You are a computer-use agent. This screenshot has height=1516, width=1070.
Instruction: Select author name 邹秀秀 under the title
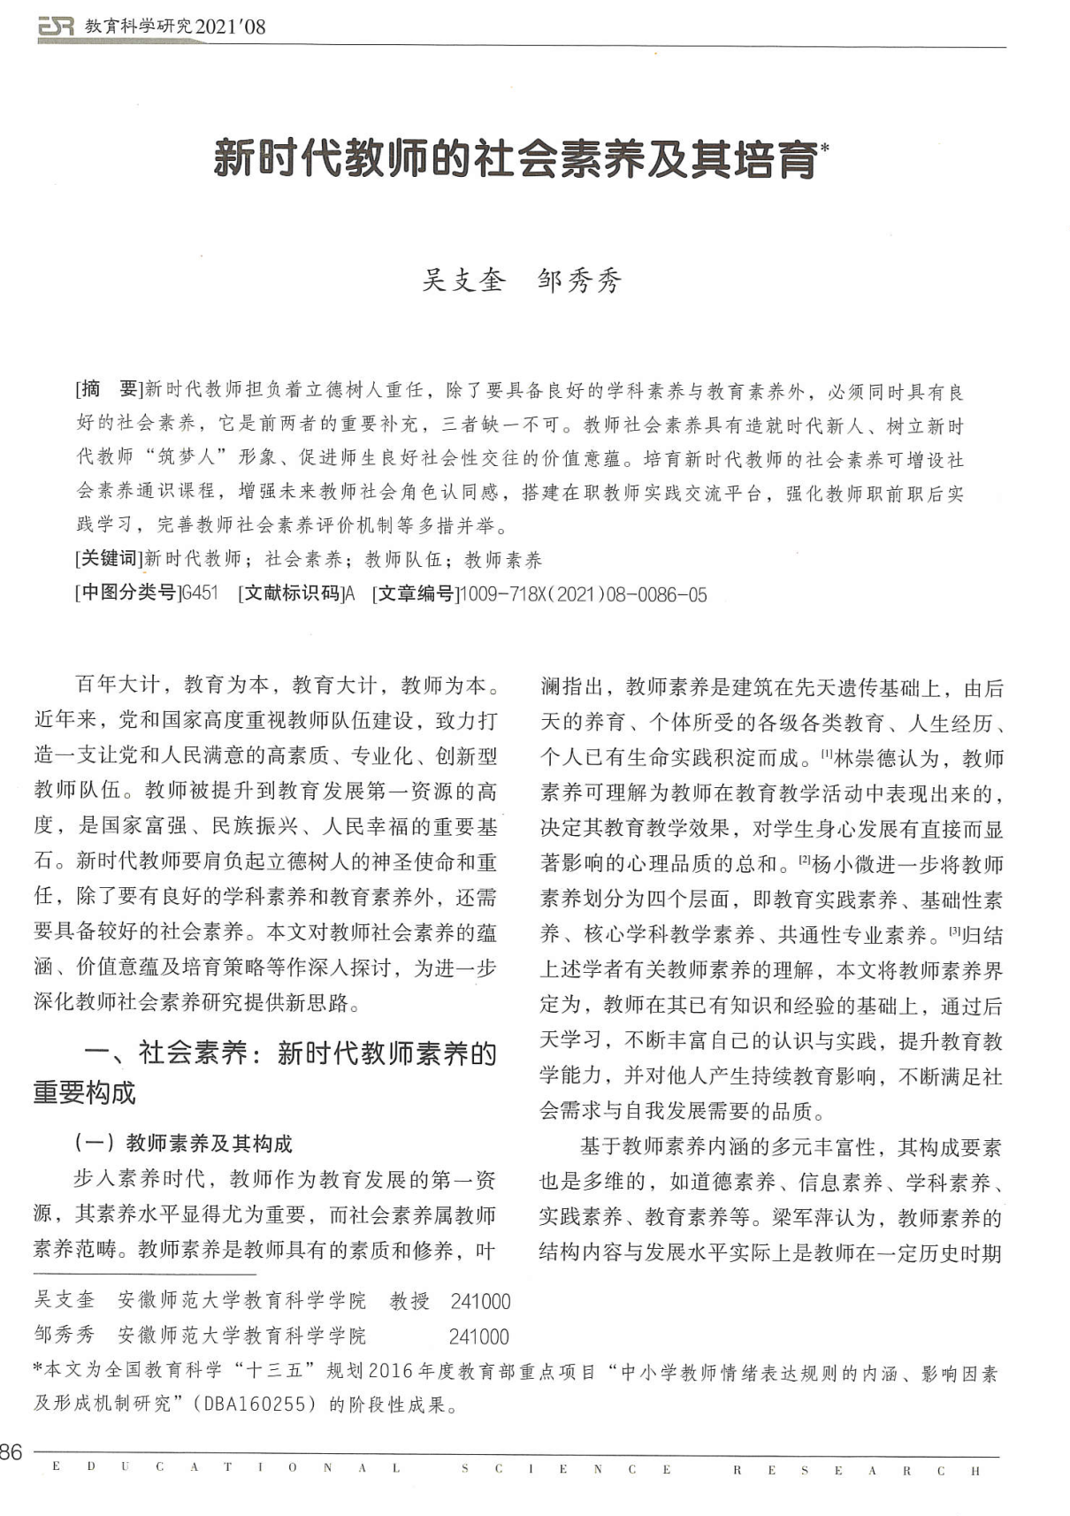click(579, 279)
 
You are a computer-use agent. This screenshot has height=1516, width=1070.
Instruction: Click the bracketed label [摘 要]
click(109, 389)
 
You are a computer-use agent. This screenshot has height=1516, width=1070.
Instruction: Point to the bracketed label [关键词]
click(109, 558)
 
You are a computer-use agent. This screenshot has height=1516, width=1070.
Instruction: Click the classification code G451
click(199, 593)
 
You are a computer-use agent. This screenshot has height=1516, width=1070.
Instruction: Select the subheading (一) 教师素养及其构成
click(183, 1144)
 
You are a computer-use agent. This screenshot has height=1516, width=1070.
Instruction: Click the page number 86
click(11, 1451)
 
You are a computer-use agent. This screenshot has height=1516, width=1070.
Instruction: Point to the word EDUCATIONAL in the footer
click(225, 1469)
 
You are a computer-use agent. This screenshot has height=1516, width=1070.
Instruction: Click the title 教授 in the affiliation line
click(409, 1300)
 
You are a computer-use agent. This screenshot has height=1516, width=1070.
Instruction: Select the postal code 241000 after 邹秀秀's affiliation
click(478, 1336)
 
